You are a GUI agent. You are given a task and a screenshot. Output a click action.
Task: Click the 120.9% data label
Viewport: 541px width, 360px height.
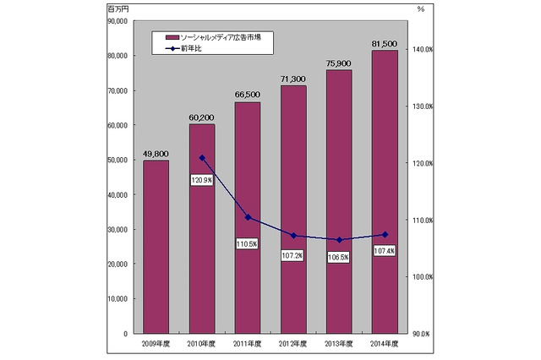201,180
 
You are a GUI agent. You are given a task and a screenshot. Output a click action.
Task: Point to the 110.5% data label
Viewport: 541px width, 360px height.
247,243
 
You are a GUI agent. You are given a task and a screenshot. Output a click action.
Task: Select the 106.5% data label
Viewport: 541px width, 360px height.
339,257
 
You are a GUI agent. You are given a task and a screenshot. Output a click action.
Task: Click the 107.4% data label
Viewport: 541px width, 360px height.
385,251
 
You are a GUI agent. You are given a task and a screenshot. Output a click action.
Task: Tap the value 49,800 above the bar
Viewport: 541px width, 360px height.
156,154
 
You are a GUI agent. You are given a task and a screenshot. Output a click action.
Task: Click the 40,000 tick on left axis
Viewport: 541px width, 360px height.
117,194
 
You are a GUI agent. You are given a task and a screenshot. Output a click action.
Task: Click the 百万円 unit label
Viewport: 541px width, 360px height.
118,8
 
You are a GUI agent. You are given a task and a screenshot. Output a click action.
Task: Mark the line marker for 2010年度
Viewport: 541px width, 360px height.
201,158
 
